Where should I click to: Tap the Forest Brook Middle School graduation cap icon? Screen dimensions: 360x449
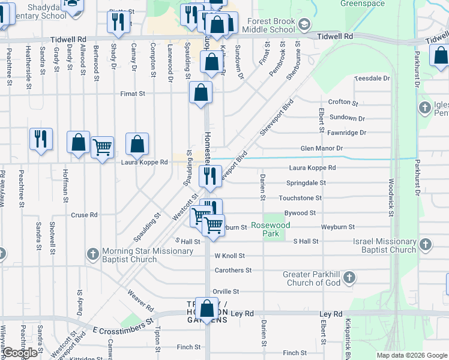point(304,24)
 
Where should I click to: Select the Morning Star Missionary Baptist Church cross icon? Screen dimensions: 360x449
point(93,254)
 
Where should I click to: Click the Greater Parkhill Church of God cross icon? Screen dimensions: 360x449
point(349,278)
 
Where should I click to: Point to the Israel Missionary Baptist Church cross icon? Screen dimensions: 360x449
point(425,245)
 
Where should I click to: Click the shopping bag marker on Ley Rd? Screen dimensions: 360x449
point(207,309)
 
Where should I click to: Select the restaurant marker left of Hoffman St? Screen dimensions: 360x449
point(41,139)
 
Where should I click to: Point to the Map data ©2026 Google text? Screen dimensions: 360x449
point(411,355)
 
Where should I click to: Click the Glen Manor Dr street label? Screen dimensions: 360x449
point(321,148)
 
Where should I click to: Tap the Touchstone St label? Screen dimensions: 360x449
point(300,197)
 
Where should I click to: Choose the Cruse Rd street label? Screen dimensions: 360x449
point(84,215)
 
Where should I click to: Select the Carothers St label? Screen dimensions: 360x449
point(233,271)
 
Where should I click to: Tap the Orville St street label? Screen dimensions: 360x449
point(226,291)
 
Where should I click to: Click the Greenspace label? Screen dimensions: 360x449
point(362,3)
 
